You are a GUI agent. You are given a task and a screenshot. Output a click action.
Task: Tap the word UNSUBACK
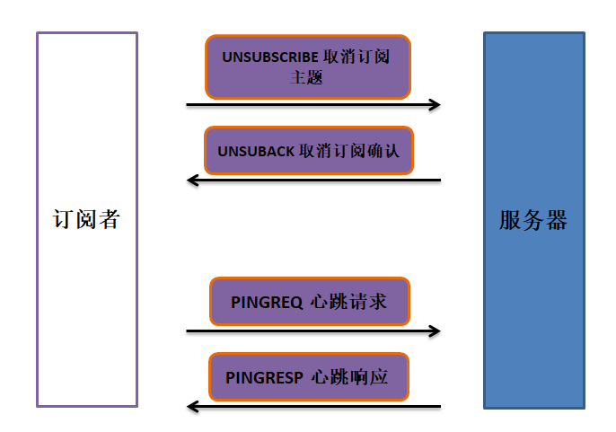click(x=256, y=150)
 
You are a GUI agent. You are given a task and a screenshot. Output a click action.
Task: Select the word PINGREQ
click(x=267, y=302)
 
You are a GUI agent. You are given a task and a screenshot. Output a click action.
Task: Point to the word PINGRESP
click(x=264, y=377)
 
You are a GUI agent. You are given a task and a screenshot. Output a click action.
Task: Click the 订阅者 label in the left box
click(x=86, y=219)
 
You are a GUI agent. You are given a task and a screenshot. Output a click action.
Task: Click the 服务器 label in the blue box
click(x=533, y=220)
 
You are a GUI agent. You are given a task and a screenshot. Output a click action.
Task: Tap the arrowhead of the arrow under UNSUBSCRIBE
click(x=435, y=105)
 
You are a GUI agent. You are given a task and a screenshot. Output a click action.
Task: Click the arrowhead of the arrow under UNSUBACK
click(x=192, y=181)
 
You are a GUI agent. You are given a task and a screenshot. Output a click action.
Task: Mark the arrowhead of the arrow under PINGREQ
click(x=435, y=331)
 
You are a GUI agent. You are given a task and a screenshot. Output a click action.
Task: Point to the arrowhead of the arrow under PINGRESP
click(x=192, y=407)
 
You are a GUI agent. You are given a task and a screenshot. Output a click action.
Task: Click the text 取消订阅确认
click(x=356, y=150)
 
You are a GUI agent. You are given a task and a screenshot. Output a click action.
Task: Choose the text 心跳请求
click(x=348, y=302)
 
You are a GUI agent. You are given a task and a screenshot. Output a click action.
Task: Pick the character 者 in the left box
click(x=109, y=219)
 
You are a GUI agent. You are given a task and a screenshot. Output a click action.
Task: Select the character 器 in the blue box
click(x=557, y=220)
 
